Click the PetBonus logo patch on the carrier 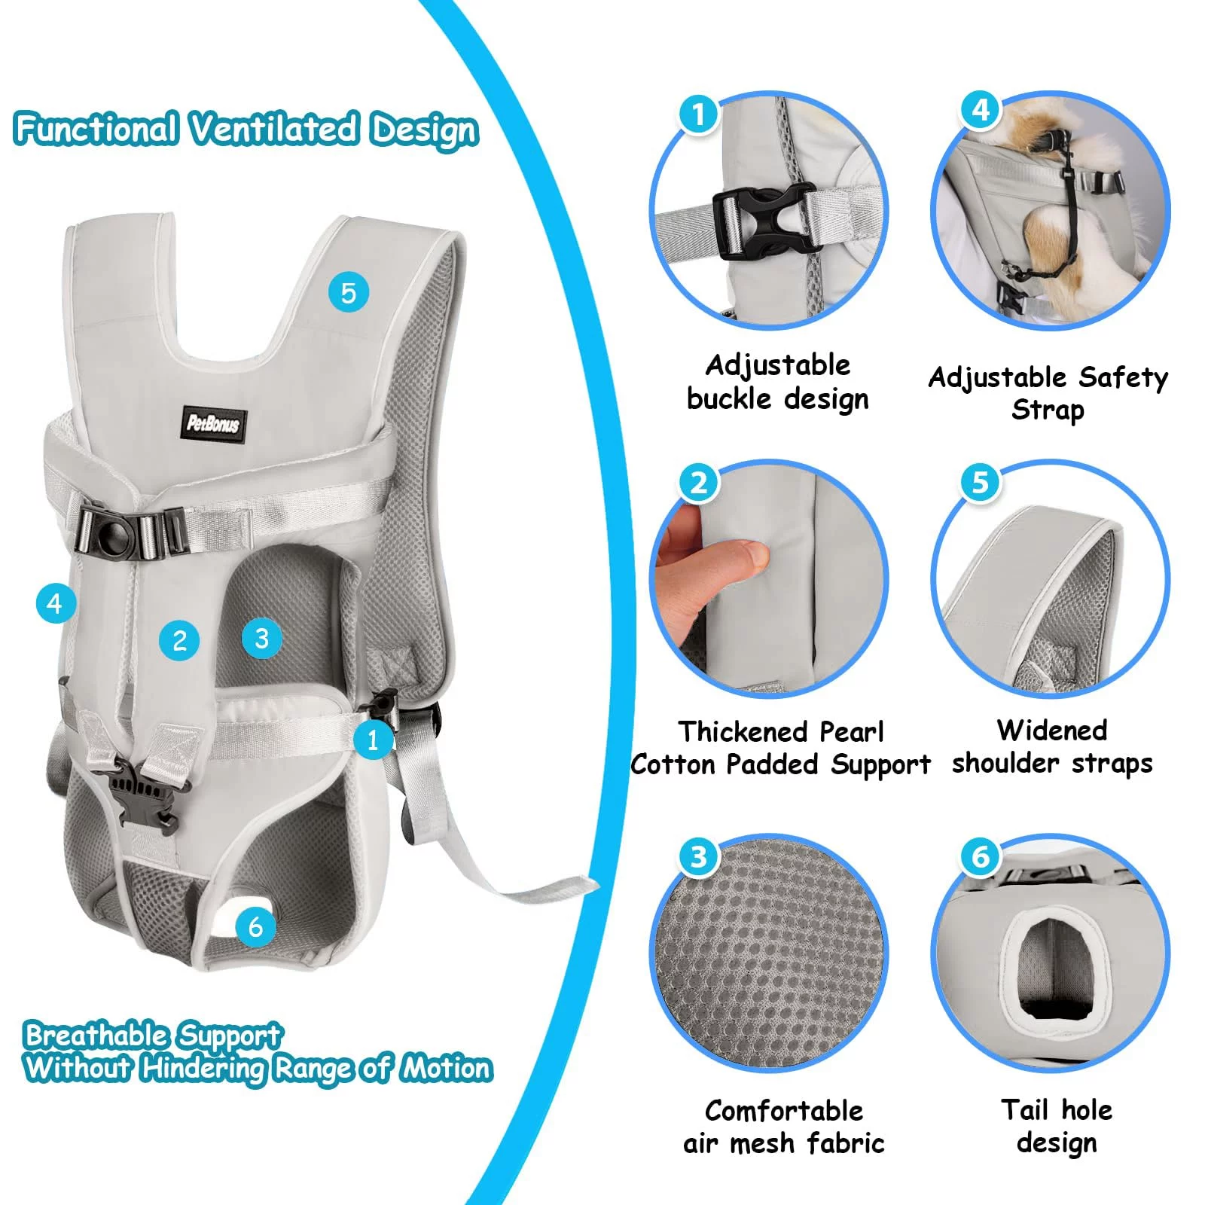pyautogui.click(x=213, y=423)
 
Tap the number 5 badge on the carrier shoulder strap pyautogui.click(x=348, y=292)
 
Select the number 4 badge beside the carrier pyautogui.click(x=55, y=603)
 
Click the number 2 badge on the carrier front pyautogui.click(x=179, y=640)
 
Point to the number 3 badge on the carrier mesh pyautogui.click(x=261, y=638)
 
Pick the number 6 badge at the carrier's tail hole pyautogui.click(x=255, y=926)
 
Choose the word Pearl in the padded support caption pyautogui.click(x=851, y=731)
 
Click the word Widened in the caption pyautogui.click(x=1051, y=730)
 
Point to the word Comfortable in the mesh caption pyautogui.click(x=784, y=1110)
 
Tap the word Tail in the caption pyautogui.click(x=1024, y=1109)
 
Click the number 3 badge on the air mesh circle pyautogui.click(x=698, y=856)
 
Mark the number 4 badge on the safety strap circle pyautogui.click(x=980, y=109)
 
